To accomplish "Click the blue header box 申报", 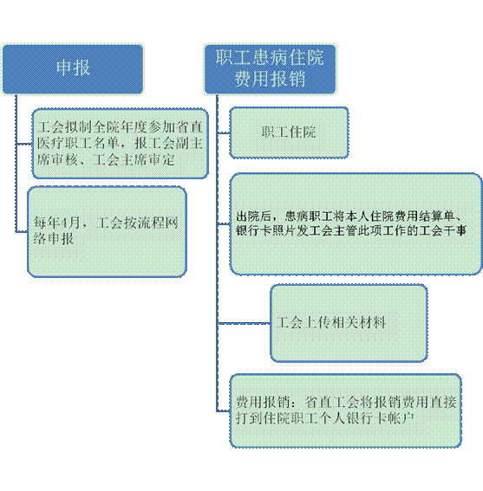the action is [x=73, y=69].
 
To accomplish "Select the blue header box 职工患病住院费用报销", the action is [x=270, y=69].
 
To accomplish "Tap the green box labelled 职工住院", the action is [x=289, y=132].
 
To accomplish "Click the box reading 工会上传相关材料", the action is [x=349, y=323].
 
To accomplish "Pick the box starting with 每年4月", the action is [x=107, y=232].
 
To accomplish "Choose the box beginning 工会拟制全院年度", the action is [x=121, y=144].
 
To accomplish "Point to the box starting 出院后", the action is [x=356, y=224].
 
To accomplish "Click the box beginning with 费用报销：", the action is [x=346, y=410].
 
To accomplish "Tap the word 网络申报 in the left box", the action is [x=53, y=231].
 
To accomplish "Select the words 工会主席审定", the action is [x=134, y=160].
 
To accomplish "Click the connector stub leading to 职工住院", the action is [x=224, y=133].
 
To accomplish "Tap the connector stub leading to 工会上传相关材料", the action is [x=244, y=323].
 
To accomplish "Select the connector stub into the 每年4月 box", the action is [x=22, y=232].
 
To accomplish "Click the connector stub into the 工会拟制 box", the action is [x=24, y=144].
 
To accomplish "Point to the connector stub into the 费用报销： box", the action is [x=224, y=410].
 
